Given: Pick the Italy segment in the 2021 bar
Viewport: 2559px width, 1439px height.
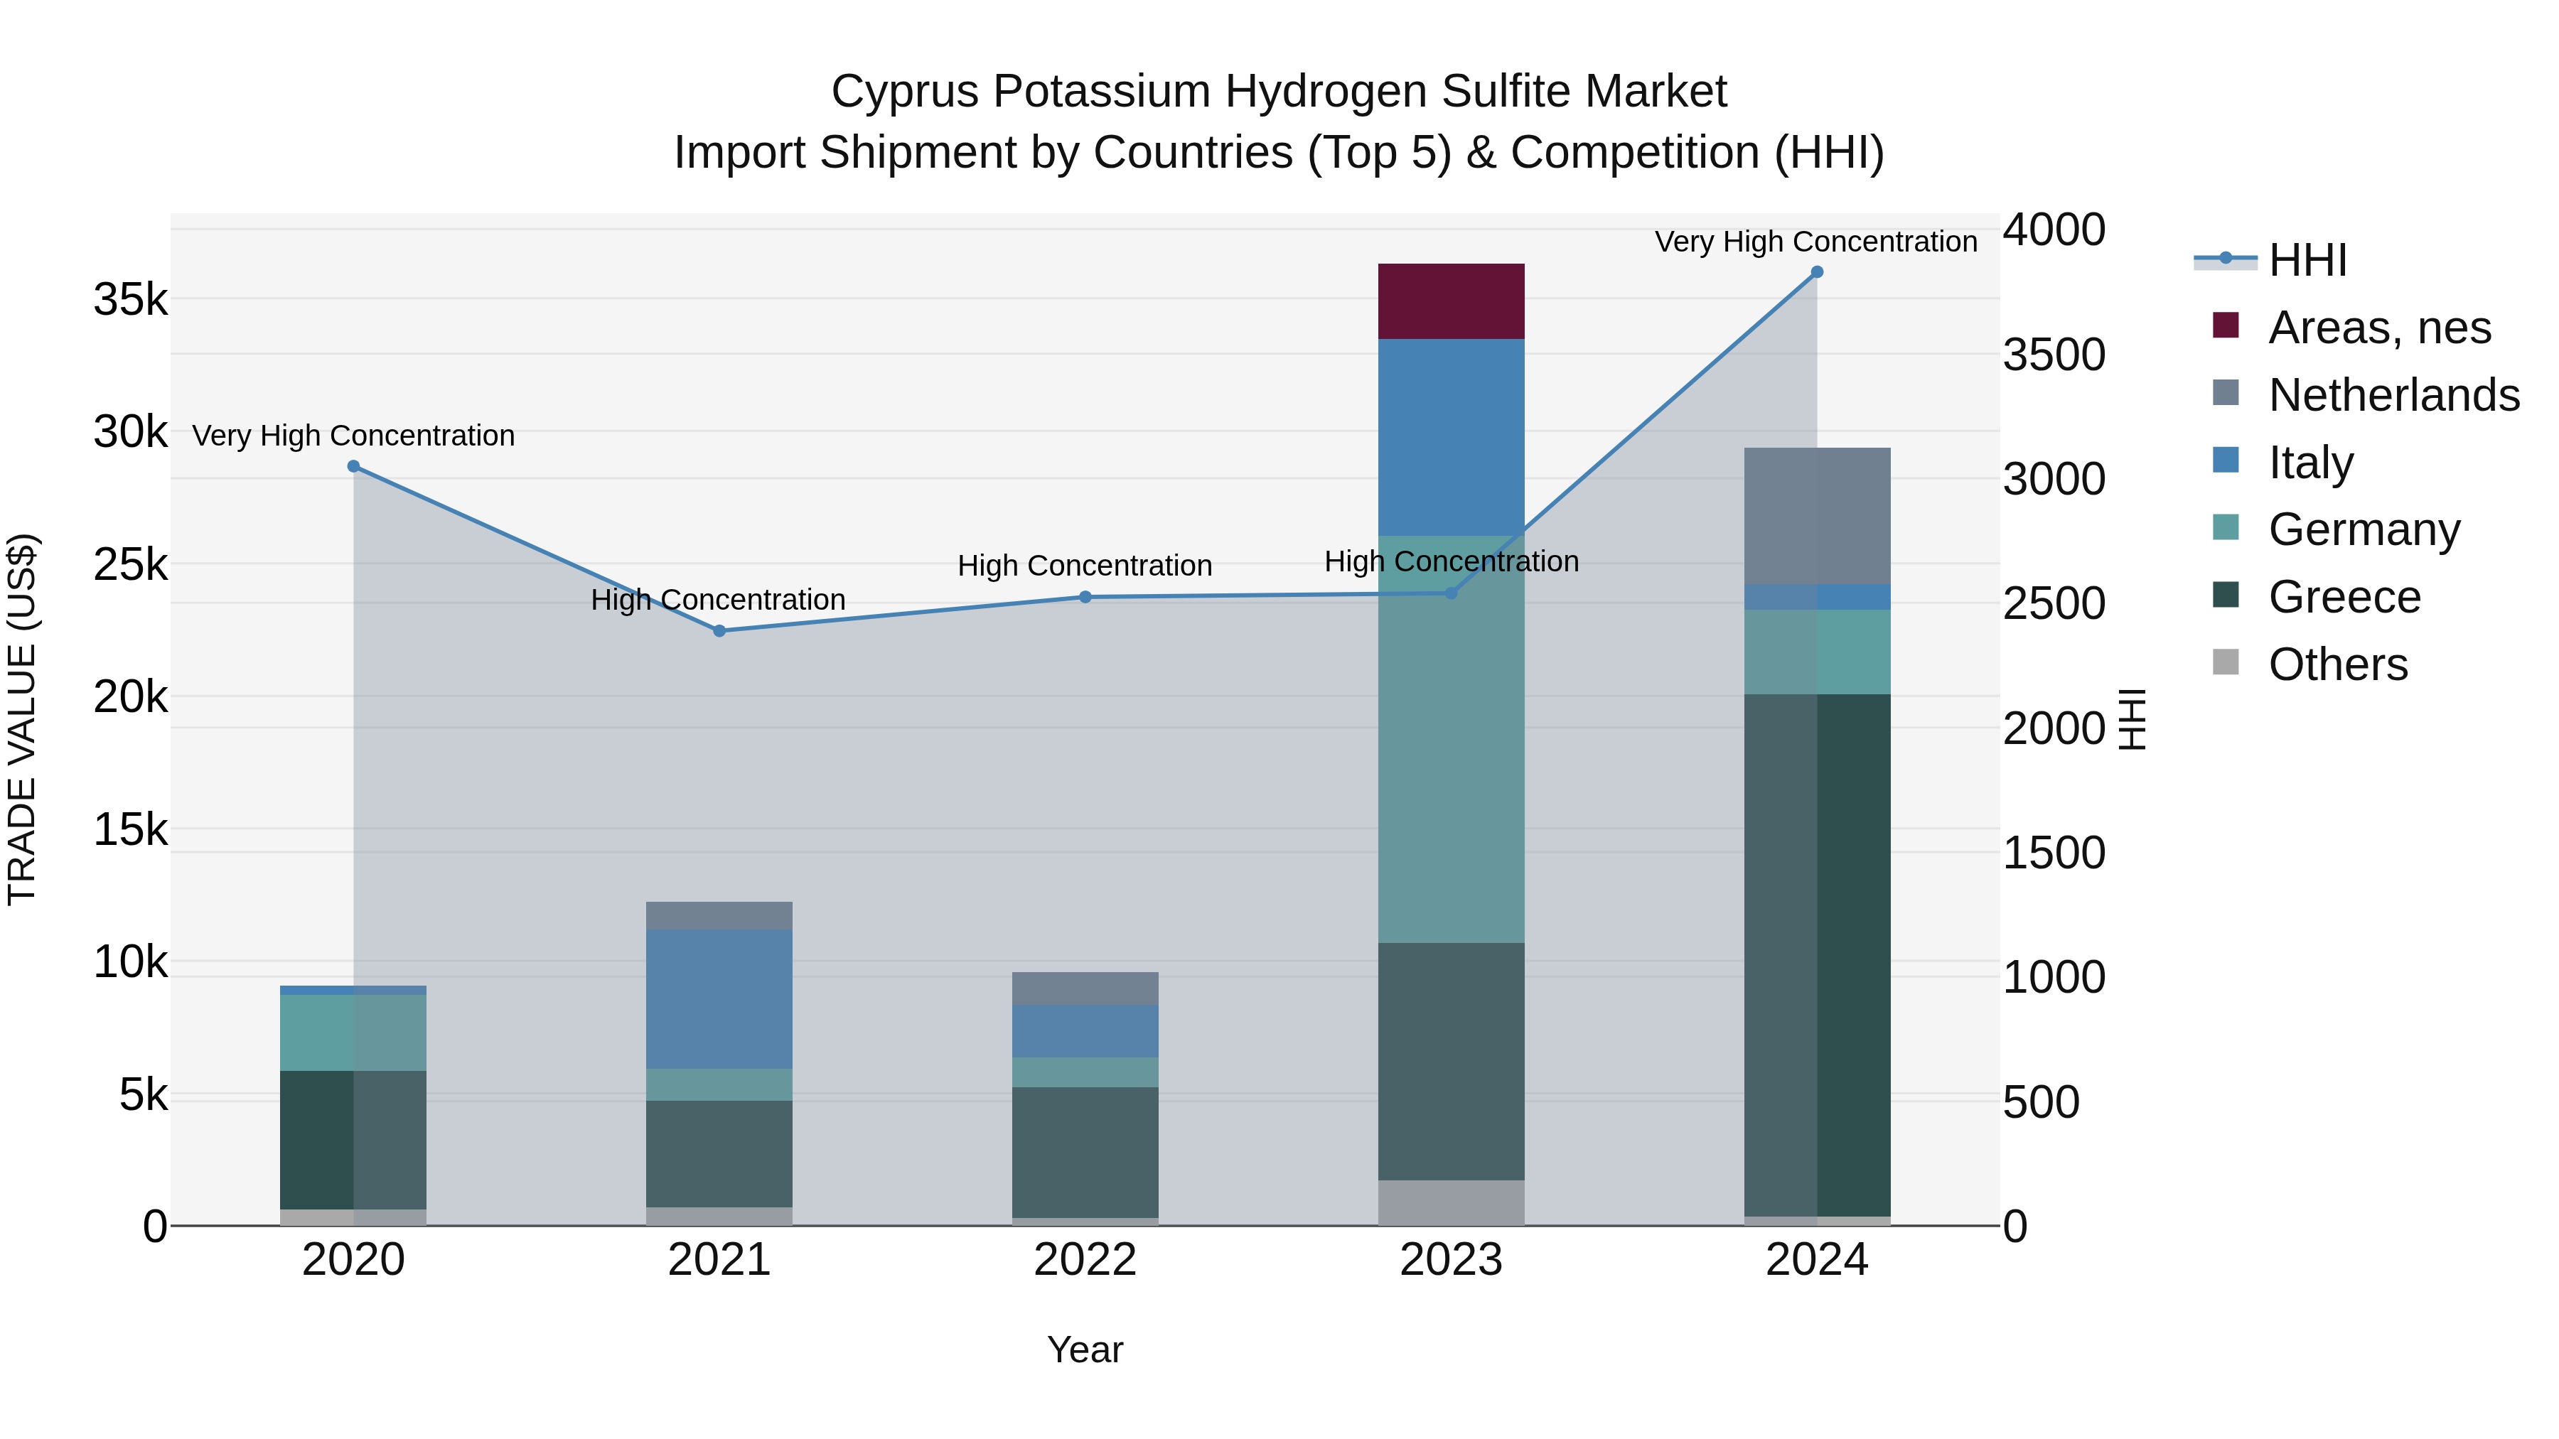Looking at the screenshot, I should pyautogui.click(x=719, y=998).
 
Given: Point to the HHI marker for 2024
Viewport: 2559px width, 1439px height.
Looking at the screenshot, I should pyautogui.click(x=1817, y=272).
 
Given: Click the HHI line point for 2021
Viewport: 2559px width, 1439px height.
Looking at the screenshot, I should pyautogui.click(x=719, y=630).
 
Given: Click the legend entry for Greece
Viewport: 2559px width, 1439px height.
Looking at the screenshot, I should pyautogui.click(x=2344, y=597).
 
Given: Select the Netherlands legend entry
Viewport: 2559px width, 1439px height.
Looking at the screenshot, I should pyautogui.click(x=2393, y=395).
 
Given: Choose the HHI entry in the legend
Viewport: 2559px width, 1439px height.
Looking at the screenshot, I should pyautogui.click(x=2307, y=260).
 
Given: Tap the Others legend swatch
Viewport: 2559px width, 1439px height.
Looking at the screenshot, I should pyautogui.click(x=2226, y=662).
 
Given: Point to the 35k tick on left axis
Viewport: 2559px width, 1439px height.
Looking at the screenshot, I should pyautogui.click(x=130, y=299).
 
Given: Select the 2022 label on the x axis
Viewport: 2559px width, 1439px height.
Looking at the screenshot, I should pyautogui.click(x=1085, y=1260).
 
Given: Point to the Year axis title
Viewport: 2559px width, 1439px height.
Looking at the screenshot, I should pyautogui.click(x=1085, y=1349).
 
